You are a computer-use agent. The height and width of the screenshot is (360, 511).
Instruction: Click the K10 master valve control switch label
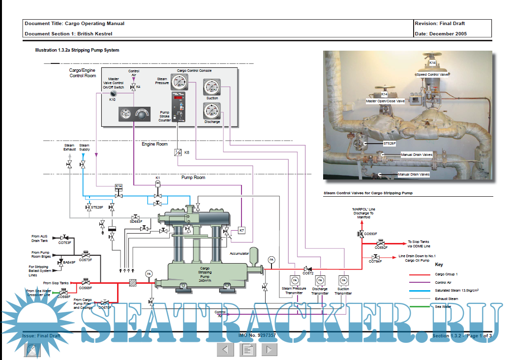pyautogui.click(x=113, y=99)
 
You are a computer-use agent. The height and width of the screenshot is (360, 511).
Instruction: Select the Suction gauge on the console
pyautogui.click(x=212, y=88)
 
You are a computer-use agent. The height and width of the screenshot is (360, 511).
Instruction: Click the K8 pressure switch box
pyautogui.click(x=178, y=152)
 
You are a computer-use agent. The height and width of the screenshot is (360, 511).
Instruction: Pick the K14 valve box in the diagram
pyautogui.click(x=118, y=186)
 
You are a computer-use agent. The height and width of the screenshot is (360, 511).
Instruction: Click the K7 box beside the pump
pyautogui.click(x=241, y=230)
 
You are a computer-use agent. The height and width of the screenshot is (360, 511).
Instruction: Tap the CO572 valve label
pyautogui.click(x=308, y=273)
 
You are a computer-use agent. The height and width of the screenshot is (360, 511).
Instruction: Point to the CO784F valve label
pyautogui.click(x=375, y=261)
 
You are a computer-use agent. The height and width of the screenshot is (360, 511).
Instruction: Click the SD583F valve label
pyautogui.click(x=136, y=221)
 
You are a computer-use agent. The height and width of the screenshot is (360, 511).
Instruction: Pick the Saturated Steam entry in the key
pyautogui.click(x=457, y=290)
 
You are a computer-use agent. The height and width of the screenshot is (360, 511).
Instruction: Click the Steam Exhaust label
pyautogui.click(x=69, y=147)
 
